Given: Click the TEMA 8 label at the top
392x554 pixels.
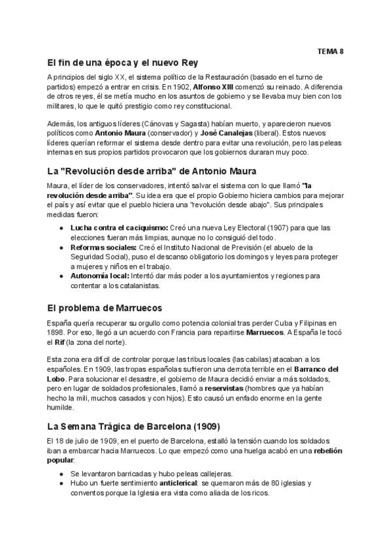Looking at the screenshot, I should pyautogui.click(x=331, y=50).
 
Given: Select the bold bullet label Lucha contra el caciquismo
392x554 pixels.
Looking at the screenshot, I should pyautogui.click(x=119, y=227).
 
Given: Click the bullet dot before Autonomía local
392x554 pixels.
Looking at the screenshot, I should pyautogui.click(x=61, y=276).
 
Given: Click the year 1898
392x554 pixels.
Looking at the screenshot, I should pyautogui.click(x=57, y=333).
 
